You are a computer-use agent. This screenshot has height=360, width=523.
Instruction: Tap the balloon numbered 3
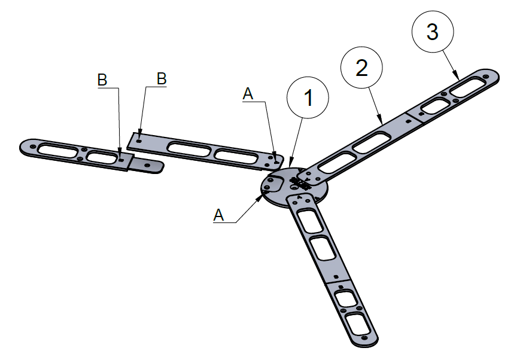pyautogui.click(x=433, y=33)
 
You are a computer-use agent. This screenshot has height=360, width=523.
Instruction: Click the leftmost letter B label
pyautogui.click(x=102, y=80)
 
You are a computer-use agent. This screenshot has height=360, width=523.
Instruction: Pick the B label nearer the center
pyautogui.click(x=161, y=78)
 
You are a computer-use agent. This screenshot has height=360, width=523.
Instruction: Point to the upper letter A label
pyautogui.click(x=249, y=93)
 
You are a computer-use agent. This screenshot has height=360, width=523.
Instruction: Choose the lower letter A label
pyautogui.click(x=219, y=215)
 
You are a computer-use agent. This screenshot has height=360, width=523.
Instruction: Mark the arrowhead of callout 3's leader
pyautogui.click(x=458, y=79)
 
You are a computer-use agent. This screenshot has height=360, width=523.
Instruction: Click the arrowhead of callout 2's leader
pyautogui.click(x=382, y=123)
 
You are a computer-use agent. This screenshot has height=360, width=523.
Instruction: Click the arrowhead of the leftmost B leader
pyautogui.click(x=120, y=160)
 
